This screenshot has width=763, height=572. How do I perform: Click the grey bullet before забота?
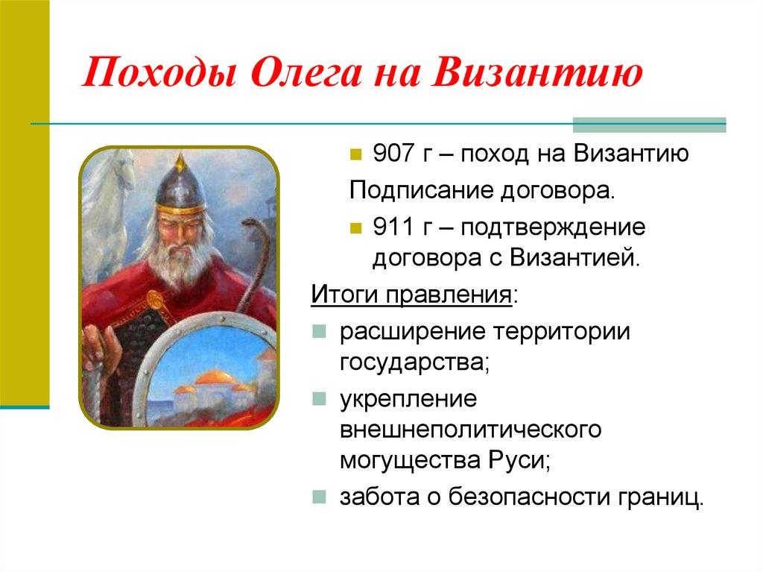pos(319,496)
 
